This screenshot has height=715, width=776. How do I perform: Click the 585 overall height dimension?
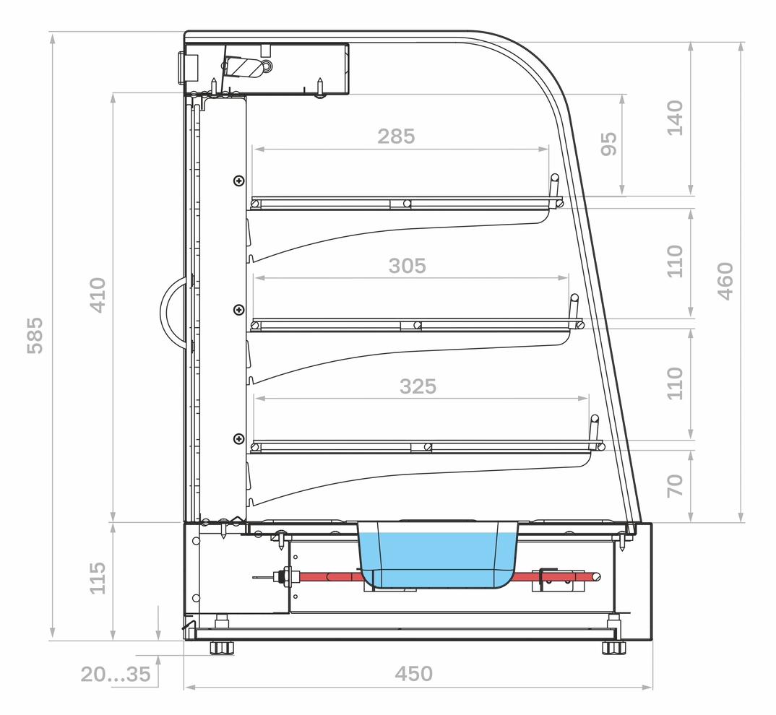pyautogui.click(x=35, y=336)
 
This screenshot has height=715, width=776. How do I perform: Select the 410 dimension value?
pyautogui.click(x=98, y=295)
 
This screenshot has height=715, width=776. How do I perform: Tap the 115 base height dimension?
pyautogui.click(x=98, y=578)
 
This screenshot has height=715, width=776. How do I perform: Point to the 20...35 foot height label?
pyautogui.click(x=116, y=674)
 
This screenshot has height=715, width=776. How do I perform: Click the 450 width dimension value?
pyautogui.click(x=414, y=673)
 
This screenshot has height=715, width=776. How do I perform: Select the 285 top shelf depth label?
pyautogui.click(x=396, y=136)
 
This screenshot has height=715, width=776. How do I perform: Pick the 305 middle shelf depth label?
pyautogui.click(x=407, y=266)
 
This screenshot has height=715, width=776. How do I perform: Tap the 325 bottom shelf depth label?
pyautogui.click(x=418, y=386)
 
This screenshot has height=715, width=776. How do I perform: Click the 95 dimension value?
pyautogui.click(x=608, y=144)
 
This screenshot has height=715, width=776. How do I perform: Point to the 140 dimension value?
pyautogui.click(x=675, y=118)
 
